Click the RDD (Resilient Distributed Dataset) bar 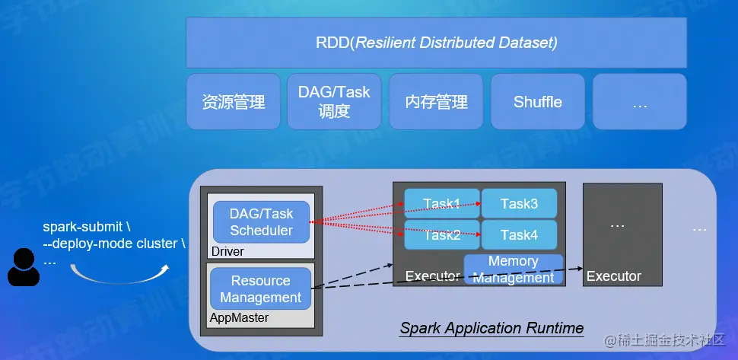[437, 43]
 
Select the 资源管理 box [234, 101]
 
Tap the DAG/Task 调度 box [334, 101]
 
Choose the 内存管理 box [436, 101]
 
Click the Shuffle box [538, 101]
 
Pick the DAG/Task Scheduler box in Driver [261, 221]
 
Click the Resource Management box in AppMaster [261, 289]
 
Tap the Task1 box [442, 203]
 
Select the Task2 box [442, 235]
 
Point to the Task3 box [520, 203]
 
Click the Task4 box [520, 235]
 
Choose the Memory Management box [514, 269]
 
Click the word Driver [227, 250]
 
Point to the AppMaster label [239, 317]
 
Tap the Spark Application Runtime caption [491, 329]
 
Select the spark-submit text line [87, 227]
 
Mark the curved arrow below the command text [118, 276]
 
